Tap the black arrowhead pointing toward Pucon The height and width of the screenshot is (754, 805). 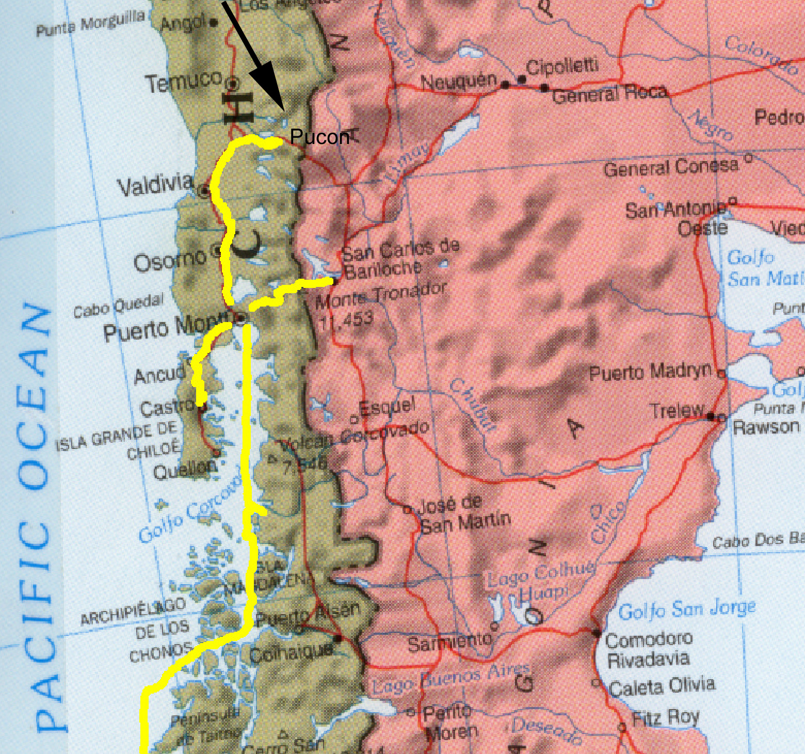(x=270, y=91)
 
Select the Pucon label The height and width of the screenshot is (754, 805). (x=319, y=137)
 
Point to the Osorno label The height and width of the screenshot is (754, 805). (x=170, y=261)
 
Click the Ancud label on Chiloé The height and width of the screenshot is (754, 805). (x=159, y=374)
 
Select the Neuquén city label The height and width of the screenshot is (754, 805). (x=458, y=82)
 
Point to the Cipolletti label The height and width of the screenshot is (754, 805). (x=562, y=67)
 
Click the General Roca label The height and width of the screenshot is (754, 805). (x=609, y=93)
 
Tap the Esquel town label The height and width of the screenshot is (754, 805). (x=387, y=407)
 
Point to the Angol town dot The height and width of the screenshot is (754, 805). (x=214, y=22)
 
